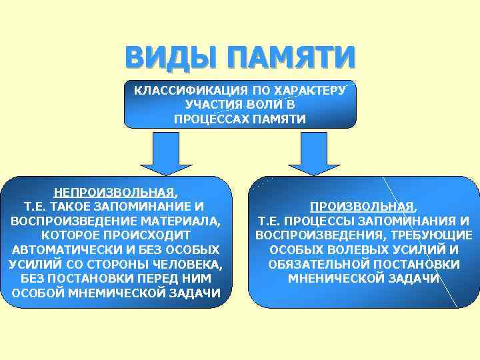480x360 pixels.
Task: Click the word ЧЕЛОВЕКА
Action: click(189, 265)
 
